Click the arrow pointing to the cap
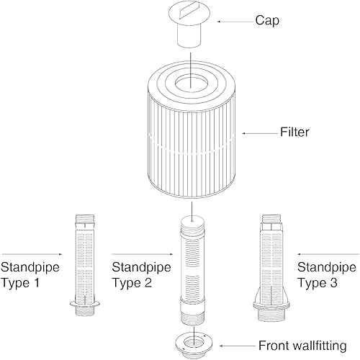(236, 22)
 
